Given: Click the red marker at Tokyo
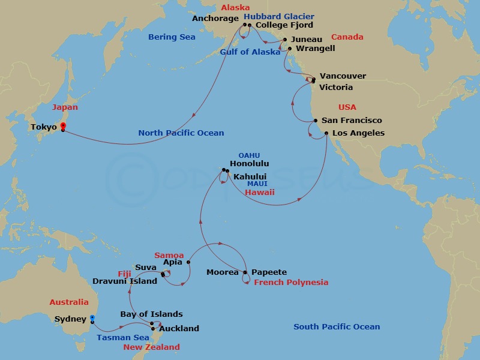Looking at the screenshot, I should tap(62, 126).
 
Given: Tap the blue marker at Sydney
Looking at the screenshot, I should tap(92, 318).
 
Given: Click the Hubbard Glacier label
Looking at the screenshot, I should tap(279, 16).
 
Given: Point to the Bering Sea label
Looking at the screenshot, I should tap(172, 37).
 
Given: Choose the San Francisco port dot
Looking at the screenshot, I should tap(316, 121).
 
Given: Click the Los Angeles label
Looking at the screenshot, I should tap(358, 133).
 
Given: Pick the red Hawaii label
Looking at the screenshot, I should tap(259, 193).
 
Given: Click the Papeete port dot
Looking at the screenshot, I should tap(245, 272).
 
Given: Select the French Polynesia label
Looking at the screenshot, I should tap(291, 283).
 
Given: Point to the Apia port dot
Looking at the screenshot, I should tap(188, 262).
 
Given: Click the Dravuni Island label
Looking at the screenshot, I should tap(125, 281).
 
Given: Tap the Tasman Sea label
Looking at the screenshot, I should tap(123, 338).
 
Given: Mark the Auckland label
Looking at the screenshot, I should tap(179, 329).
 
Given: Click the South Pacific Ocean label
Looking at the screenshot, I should tap(337, 327).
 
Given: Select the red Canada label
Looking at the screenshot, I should tap(347, 37).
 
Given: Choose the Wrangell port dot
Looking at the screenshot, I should tap(290, 49).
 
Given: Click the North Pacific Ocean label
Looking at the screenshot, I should tap(181, 133).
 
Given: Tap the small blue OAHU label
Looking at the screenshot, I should tap(249, 155).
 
